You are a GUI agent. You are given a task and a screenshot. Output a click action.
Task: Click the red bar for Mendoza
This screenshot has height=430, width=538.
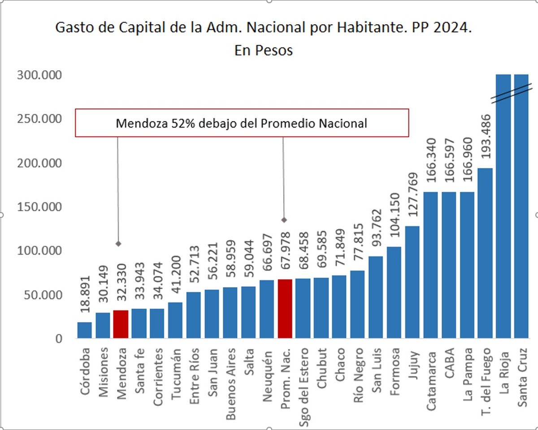121,324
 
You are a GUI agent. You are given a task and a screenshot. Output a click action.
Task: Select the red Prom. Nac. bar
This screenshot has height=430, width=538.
285,309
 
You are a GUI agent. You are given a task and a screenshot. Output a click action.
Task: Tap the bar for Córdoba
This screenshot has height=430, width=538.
84,330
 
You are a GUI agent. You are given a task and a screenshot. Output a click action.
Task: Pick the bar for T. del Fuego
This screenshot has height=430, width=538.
485,253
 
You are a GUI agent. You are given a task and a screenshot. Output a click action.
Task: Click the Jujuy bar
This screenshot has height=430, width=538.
412,282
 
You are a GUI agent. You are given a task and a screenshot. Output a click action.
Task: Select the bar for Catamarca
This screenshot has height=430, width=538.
430,265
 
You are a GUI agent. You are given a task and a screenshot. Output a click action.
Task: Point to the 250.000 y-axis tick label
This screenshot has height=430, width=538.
39,119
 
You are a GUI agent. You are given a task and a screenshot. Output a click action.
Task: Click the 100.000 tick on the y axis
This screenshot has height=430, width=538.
39,251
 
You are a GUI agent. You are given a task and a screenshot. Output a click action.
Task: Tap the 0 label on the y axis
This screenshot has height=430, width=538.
58,339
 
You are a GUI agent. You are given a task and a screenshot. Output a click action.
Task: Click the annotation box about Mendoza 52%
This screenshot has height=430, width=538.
242,123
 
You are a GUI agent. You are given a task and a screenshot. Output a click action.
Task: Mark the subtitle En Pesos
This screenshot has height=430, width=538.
263,50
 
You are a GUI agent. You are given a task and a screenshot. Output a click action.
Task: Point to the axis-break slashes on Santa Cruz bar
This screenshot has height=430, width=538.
512,93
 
